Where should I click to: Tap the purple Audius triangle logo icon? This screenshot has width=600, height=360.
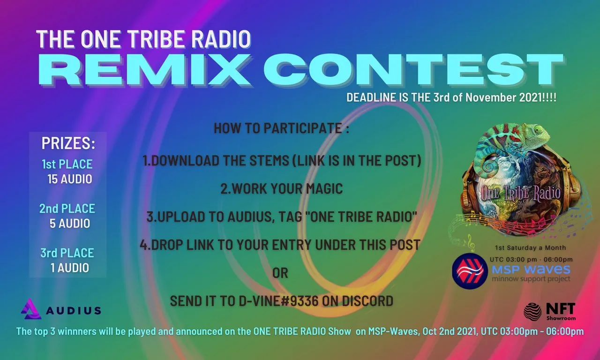click(31, 309)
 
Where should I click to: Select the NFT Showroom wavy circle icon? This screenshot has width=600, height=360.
click(533, 311)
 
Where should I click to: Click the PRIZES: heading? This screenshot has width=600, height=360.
click(68, 143)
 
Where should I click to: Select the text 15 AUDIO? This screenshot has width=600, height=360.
click(70, 179)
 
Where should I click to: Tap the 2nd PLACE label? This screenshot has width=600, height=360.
click(67, 209)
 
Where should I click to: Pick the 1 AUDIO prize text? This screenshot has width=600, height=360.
click(70, 268)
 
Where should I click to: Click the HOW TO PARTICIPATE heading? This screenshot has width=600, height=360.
click(281, 128)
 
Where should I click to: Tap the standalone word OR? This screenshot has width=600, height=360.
click(280, 273)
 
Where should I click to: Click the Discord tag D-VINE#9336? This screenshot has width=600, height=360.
click(278, 301)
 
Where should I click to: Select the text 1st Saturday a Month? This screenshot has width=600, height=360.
click(530, 248)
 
